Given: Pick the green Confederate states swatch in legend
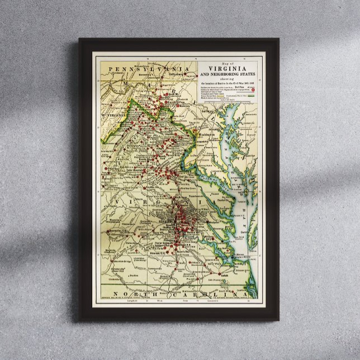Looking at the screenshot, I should [x=255, y=96].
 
